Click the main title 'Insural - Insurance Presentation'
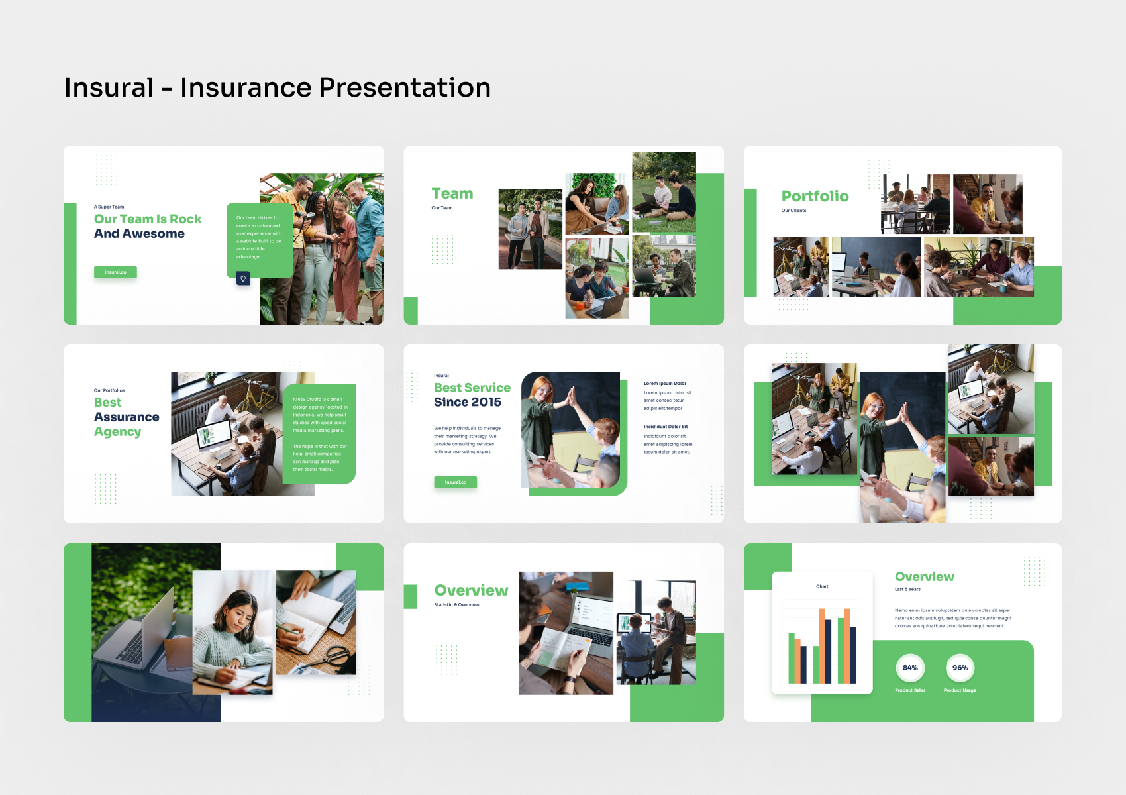point(277,88)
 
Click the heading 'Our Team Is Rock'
point(148,219)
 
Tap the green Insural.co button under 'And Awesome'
point(115,272)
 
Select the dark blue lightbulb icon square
point(243,279)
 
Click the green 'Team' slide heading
point(452,194)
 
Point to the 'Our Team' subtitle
point(442,208)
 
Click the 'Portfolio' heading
point(815,197)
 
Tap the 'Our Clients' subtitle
point(793,211)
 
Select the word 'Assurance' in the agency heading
point(127,417)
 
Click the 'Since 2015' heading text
point(468,403)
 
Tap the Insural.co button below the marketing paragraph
point(456,482)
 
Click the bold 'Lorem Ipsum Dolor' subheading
point(665,384)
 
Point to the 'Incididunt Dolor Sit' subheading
point(666,427)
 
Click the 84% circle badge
point(910,668)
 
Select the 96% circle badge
point(960,668)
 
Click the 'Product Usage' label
point(960,690)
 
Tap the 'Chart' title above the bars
point(822,586)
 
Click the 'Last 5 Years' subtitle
point(907,589)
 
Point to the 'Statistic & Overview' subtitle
point(456,605)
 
